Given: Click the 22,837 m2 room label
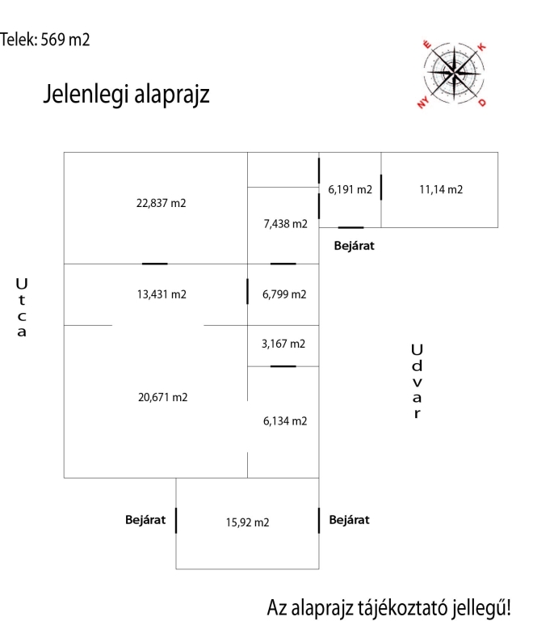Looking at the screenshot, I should click(x=162, y=203).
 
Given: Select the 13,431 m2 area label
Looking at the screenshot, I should click(x=162, y=294).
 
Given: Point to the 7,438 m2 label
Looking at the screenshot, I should click(x=285, y=224).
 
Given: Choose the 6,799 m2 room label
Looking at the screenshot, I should click(x=284, y=294).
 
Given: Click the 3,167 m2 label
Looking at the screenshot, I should click(x=283, y=344).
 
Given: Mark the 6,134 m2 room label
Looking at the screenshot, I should click(x=284, y=421).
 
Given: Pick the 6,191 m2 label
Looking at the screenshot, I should click(x=350, y=190).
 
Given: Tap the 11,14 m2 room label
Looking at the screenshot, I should click(x=440, y=190).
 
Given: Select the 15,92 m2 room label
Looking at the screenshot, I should click(x=247, y=522).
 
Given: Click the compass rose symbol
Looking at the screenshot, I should click(x=455, y=73).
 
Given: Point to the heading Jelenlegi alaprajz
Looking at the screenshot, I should click(x=126, y=95).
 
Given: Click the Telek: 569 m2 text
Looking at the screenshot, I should click(x=45, y=39).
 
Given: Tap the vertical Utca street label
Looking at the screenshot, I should click(x=22, y=307).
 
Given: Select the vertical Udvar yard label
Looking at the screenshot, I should click(x=417, y=381).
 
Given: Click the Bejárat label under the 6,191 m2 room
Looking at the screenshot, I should click(x=355, y=244).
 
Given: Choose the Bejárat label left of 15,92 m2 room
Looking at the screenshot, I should click(x=145, y=520).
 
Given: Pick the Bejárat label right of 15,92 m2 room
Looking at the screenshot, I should click(x=350, y=520).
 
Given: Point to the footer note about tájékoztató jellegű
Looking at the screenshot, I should click(x=389, y=606).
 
